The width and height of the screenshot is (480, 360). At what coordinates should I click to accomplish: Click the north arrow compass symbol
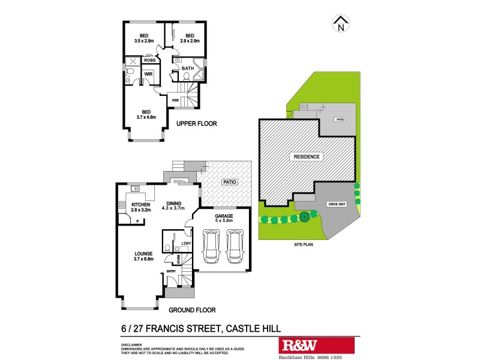[x=341, y=23]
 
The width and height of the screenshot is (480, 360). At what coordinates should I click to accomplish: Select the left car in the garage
[x=211, y=246]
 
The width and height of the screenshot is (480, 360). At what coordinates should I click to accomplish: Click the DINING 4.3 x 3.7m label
[x=174, y=205]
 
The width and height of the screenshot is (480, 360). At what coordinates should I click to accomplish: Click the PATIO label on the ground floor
[x=229, y=182]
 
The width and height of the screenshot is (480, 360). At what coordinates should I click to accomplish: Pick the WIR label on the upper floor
[x=146, y=74]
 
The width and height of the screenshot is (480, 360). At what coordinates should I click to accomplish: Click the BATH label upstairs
[x=188, y=68]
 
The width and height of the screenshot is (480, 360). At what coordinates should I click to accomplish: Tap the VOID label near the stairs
[x=176, y=100]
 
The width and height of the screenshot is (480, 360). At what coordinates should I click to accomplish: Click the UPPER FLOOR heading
[x=196, y=124]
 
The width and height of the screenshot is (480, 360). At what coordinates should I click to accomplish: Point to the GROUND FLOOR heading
[x=191, y=310]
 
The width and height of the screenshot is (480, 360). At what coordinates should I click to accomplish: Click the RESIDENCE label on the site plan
[x=307, y=157]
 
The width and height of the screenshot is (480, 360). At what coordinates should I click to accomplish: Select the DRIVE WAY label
[x=337, y=205]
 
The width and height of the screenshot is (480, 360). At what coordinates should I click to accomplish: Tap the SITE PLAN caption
[x=305, y=244]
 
